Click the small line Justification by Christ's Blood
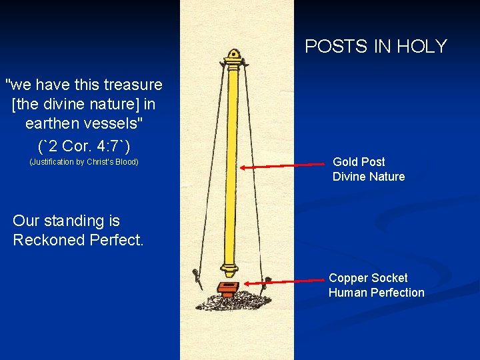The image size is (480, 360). point(84,162)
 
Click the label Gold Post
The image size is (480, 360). point(359,162)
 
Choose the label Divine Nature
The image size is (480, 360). point(369,177)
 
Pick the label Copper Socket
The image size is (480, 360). point(368,278)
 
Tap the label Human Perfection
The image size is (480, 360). point(376,293)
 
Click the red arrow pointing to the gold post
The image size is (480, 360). point(285,167)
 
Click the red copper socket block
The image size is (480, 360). point(228,289)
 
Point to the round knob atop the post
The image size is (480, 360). point(233,54)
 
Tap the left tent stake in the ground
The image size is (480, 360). point(196,277)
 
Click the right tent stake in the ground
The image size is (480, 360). point(268,281)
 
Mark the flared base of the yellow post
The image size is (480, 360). point(230,270)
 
